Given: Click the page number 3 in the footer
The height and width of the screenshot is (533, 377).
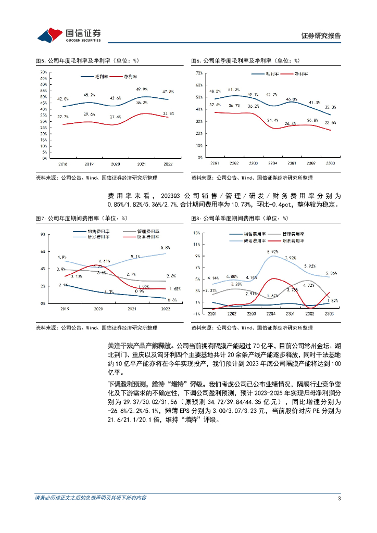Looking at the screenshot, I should pyautogui.click(x=339, y=499).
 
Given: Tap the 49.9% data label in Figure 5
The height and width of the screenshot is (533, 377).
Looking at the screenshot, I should pyautogui.click(x=142, y=89).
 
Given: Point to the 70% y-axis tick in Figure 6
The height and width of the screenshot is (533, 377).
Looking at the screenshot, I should pyautogui.click(x=199, y=73).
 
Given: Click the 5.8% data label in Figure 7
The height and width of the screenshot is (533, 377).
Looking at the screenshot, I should pyautogui.click(x=166, y=247).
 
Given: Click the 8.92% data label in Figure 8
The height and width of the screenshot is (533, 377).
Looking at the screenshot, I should pyautogui.click(x=272, y=251).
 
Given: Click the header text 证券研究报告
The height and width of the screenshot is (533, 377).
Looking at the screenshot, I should pyautogui.click(x=321, y=35).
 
